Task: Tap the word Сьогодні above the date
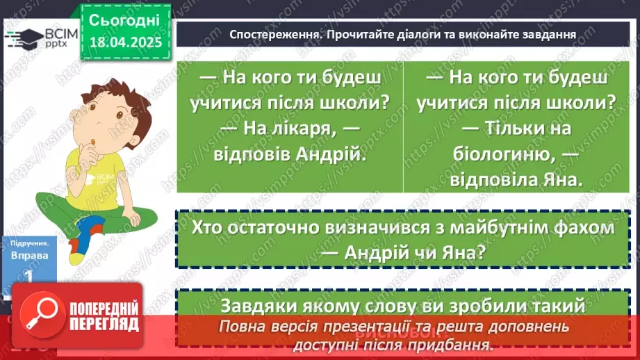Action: point(125,19)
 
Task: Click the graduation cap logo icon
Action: point(23,37)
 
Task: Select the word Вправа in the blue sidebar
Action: point(30,255)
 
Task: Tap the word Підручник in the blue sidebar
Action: point(30,244)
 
